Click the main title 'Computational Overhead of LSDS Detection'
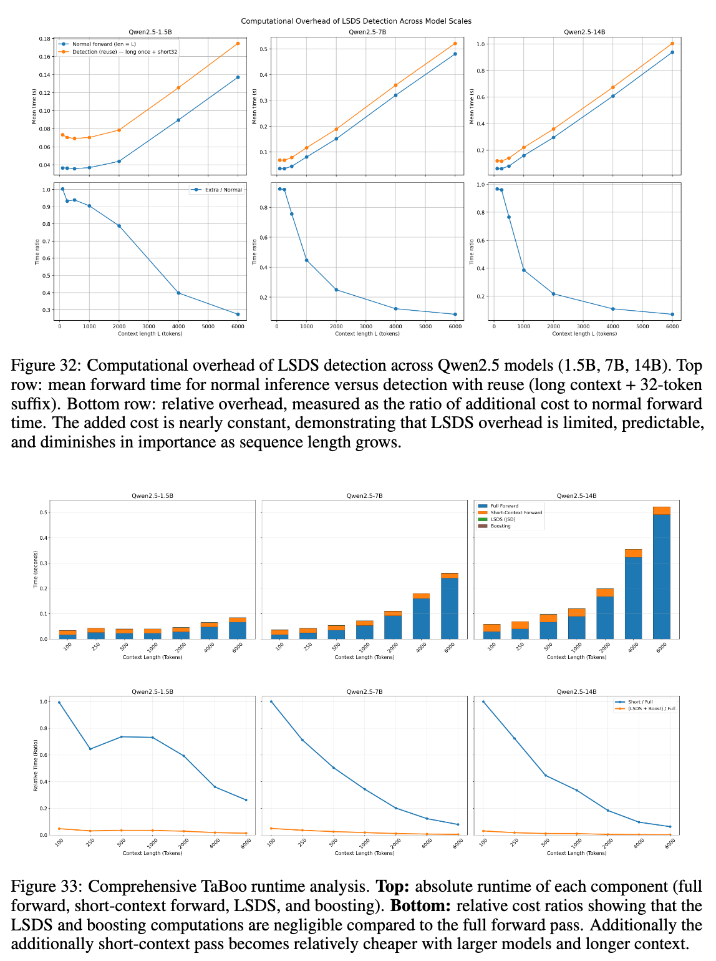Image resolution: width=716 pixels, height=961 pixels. click(356, 21)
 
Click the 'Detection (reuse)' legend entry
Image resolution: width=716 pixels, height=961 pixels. click(125, 52)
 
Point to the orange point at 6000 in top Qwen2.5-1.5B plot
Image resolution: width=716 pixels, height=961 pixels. click(238, 44)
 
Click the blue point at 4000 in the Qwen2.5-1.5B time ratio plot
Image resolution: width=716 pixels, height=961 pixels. click(178, 293)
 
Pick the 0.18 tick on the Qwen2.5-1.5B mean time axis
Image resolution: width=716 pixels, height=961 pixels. click(45, 39)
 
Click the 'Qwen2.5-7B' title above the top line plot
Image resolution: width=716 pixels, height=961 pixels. click(367, 32)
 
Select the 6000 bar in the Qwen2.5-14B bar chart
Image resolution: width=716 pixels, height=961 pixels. click(661, 573)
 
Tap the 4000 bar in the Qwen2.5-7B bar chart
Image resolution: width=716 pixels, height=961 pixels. click(421, 617)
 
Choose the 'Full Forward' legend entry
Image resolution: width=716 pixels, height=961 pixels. click(504, 506)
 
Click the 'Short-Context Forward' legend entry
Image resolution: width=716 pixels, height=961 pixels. click(516, 513)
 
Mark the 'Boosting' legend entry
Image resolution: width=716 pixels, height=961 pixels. click(500, 526)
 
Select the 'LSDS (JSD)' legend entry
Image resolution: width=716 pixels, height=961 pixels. click(503, 519)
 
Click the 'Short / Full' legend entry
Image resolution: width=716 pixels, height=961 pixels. click(640, 702)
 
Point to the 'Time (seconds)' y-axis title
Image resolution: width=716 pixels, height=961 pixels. click(36, 569)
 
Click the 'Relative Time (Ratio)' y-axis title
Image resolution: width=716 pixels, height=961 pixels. click(36, 766)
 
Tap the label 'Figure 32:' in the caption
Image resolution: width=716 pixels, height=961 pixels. click(46, 366)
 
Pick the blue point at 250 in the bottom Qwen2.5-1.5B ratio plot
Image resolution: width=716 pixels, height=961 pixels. click(90, 749)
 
